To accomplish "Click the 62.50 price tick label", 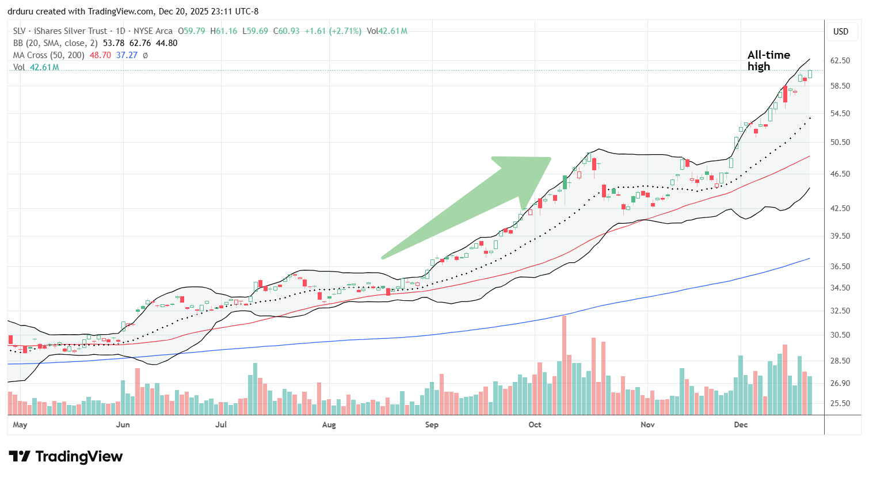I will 840,60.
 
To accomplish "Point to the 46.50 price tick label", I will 840,174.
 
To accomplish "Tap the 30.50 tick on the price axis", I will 840,335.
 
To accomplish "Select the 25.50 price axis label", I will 840,403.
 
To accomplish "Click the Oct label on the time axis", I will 535,425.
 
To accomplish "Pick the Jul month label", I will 220,425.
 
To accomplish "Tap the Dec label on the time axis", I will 741,425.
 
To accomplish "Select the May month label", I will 20,425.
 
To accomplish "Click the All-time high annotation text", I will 768,60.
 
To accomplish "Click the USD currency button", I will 841,31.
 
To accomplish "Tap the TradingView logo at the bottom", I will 66,457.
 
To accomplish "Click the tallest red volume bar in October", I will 564,365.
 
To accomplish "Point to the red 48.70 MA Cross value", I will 100,55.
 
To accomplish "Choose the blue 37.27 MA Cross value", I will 127,55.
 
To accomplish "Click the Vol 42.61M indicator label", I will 36,67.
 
